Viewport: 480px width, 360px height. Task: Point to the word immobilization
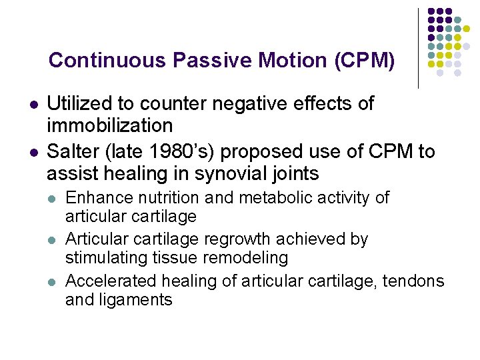click(x=110, y=125)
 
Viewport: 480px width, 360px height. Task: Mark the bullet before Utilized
click(x=32, y=105)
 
